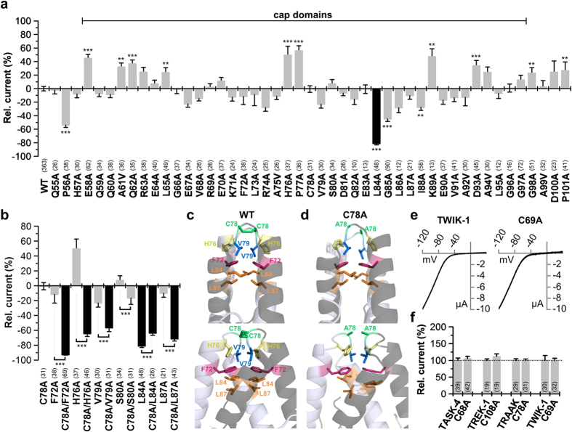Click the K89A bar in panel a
(432, 72)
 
